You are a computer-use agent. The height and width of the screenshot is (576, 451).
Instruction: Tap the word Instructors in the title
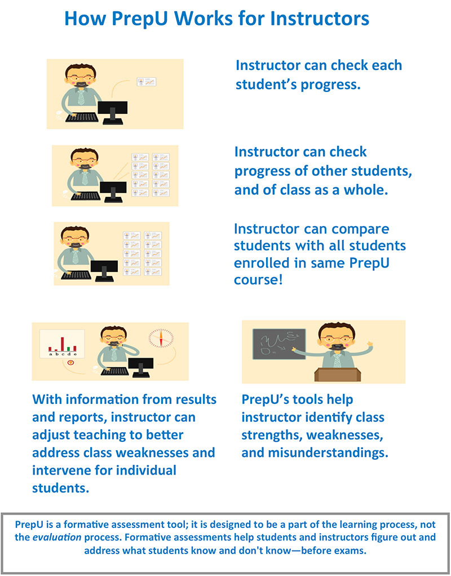[320, 18]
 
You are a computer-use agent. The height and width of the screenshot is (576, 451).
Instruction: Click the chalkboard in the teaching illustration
[279, 344]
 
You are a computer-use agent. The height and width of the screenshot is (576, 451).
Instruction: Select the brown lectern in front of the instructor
[338, 375]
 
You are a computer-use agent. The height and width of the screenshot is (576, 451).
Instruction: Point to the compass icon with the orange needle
[161, 338]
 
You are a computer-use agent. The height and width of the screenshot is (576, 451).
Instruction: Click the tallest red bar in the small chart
[63, 344]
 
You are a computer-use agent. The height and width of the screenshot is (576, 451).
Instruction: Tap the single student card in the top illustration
[147, 82]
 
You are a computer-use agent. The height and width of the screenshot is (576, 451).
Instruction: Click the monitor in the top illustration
[113, 112]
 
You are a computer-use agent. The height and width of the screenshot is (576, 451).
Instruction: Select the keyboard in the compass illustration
[115, 371]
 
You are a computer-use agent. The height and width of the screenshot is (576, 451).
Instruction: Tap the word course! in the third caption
[258, 280]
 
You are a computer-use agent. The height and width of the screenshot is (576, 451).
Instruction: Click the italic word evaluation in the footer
[57, 537]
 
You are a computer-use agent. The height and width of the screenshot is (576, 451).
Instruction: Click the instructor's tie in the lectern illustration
[337, 359]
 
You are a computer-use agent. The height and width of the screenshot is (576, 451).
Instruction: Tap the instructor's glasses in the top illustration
[80, 77]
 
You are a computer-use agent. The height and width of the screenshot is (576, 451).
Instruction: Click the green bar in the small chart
[69, 348]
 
